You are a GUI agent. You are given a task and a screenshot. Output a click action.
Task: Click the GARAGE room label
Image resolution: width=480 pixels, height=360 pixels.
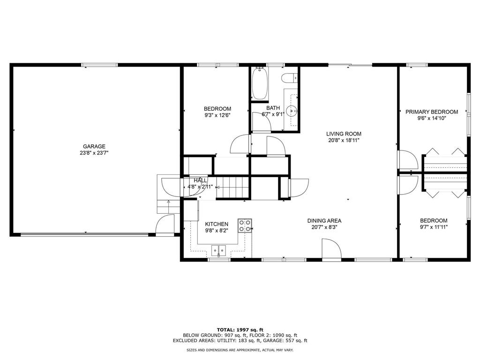[94, 146]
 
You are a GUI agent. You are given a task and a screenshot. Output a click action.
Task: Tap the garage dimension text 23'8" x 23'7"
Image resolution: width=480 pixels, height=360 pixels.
[94, 153]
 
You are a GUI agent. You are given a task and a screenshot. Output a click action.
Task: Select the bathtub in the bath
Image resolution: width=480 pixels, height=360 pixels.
[260, 84]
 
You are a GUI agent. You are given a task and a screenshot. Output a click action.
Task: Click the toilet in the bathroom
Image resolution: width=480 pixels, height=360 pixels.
[289, 78]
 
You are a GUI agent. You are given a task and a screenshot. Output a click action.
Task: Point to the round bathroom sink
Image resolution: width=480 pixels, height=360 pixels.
[292, 112]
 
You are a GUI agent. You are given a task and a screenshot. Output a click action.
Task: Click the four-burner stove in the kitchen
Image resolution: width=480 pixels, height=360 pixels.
[245, 225]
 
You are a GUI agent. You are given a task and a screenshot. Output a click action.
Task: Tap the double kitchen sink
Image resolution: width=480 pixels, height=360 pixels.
[218, 250]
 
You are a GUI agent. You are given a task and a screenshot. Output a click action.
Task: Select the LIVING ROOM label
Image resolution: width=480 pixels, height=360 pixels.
[344, 134]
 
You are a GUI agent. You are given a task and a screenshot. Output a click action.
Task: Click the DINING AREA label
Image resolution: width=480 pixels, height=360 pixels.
[324, 221]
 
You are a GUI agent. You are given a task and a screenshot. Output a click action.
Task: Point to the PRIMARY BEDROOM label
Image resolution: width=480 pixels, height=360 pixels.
[431, 112]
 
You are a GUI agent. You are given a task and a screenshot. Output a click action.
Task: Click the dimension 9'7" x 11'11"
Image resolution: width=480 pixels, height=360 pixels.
[433, 227]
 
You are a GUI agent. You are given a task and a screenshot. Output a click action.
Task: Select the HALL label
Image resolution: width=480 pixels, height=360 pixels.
[201, 180]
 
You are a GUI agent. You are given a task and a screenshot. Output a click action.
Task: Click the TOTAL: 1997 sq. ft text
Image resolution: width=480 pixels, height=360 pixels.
[240, 329]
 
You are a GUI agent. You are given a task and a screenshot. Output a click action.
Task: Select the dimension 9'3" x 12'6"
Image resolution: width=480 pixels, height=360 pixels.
[217, 115]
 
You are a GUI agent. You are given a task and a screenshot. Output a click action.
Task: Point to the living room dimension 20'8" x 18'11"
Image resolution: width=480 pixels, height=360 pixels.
[344, 140]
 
